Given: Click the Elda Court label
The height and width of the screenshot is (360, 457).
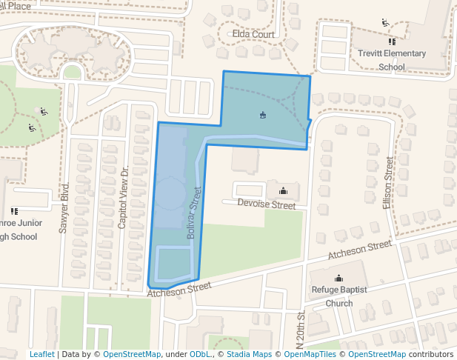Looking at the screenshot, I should click(253, 35).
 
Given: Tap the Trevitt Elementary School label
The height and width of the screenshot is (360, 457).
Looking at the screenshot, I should click(392, 60).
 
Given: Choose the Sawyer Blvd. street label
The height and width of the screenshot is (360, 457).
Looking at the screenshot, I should click(64, 208).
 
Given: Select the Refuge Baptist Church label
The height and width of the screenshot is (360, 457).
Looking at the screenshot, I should click(339, 296).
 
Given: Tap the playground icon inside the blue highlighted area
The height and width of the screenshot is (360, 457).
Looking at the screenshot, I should click(263, 115).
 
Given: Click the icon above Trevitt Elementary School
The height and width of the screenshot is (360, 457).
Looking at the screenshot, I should click(385, 22).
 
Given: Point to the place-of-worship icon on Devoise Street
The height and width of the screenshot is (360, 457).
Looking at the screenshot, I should click(282, 191).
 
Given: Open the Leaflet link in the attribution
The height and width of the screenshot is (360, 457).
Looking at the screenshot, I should click(41, 354).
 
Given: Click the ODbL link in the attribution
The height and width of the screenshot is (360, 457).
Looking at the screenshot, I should click(199, 354).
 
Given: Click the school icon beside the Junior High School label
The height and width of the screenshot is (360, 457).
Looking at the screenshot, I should click(14, 211).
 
